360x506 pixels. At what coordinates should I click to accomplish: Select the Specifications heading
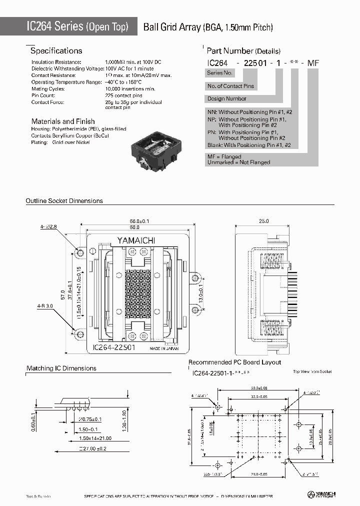tap(56, 51)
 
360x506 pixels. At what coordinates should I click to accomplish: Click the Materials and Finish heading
tap(63, 121)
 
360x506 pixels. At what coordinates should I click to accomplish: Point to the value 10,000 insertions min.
tap(130, 88)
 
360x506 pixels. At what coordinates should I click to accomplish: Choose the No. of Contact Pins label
tap(231, 86)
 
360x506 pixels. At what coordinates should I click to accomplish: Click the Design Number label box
tap(227, 98)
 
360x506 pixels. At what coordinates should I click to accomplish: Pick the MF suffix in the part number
tap(313, 63)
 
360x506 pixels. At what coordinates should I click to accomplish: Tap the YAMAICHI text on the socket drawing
tap(136, 240)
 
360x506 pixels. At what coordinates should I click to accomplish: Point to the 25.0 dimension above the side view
tap(264, 221)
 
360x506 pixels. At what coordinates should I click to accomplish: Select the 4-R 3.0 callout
tap(45, 305)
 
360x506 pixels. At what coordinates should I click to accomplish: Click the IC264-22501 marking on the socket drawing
tap(114, 347)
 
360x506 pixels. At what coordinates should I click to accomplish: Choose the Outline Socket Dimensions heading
tap(64, 201)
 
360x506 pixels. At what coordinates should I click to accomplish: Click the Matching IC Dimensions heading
tap(61, 368)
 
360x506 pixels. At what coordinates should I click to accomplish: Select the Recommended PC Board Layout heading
tap(234, 362)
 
